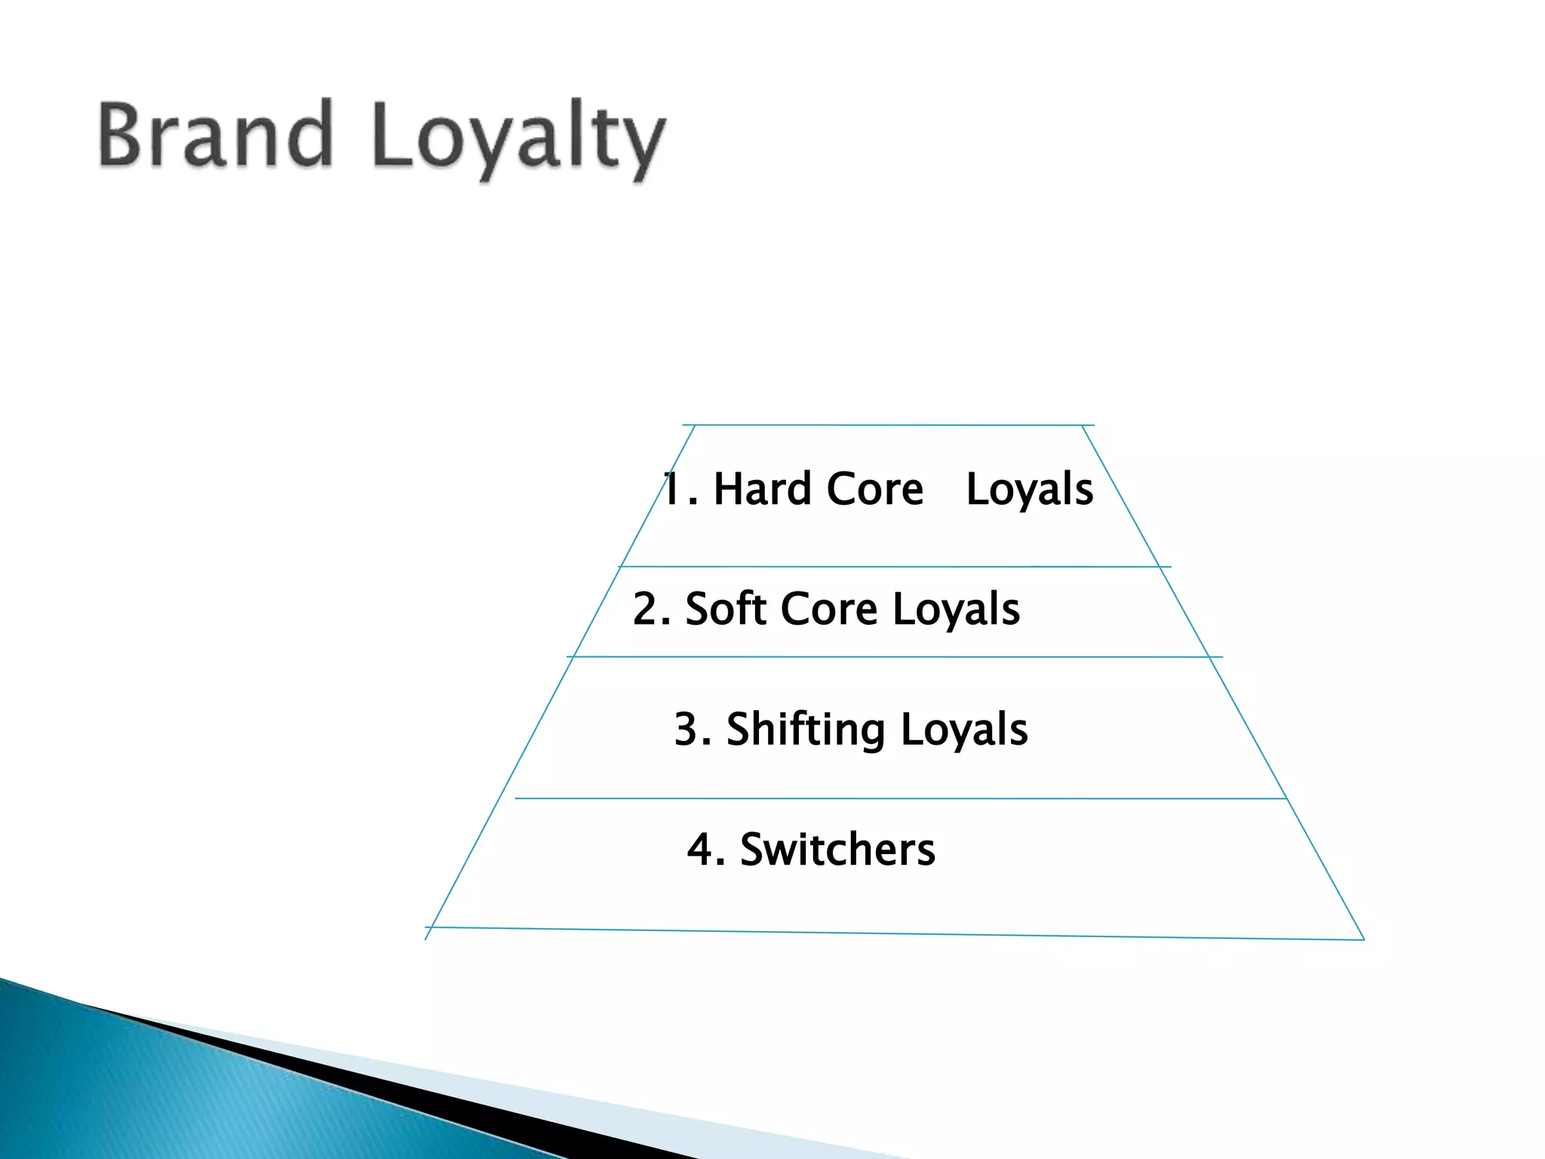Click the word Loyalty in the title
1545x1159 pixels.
point(519,140)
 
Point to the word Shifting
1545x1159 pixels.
point(805,730)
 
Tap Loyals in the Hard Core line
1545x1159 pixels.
point(1029,489)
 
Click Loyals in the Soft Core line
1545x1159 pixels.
point(956,610)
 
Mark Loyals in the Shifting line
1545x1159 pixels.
point(963,730)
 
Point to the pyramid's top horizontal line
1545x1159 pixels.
point(888,425)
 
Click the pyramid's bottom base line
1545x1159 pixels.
point(895,933)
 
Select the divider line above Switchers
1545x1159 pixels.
point(900,798)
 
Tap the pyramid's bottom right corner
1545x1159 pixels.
point(1363,939)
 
